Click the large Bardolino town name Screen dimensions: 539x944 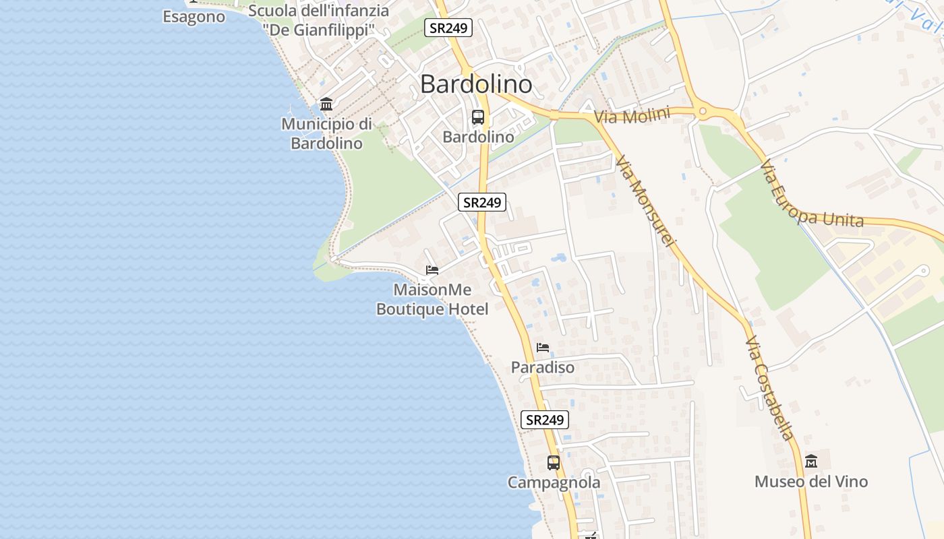(476, 84)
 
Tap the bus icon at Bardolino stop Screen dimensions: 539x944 (478, 117)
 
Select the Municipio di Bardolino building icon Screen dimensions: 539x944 (327, 104)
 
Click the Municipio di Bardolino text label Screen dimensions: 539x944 (327, 133)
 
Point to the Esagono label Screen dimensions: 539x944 (194, 17)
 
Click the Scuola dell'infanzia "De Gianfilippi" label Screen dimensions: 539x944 (318, 20)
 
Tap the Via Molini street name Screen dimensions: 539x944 (632, 116)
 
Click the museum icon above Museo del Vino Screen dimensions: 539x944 (811, 462)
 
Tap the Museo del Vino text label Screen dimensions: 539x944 (811, 482)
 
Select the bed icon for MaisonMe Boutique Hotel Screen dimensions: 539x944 (432, 271)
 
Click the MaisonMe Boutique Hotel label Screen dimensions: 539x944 (432, 299)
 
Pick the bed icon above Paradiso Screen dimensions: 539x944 (543, 348)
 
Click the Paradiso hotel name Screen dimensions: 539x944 (543, 367)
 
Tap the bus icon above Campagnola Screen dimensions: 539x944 (554, 463)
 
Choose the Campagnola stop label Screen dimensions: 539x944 (554, 482)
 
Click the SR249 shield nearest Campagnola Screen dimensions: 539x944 (545, 420)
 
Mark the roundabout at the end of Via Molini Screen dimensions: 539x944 (703, 111)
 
